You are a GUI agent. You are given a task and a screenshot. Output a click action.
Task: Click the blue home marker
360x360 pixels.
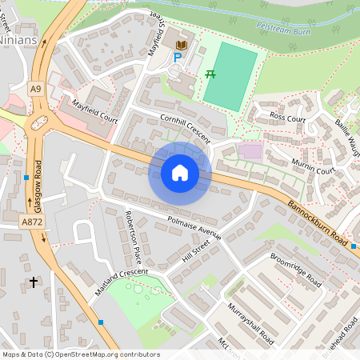pyautogui.click(x=180, y=173)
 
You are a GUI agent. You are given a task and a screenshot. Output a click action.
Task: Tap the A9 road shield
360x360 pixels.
pyautogui.click(x=37, y=89)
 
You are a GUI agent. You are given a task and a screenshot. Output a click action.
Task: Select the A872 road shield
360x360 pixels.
pyautogui.click(x=32, y=222)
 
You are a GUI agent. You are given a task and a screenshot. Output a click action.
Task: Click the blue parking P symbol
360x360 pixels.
pyautogui.click(x=178, y=58)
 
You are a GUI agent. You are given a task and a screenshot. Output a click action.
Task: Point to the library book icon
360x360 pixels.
pyautogui.click(x=182, y=43)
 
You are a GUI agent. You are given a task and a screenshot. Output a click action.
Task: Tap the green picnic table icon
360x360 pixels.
pyautogui.click(x=210, y=74)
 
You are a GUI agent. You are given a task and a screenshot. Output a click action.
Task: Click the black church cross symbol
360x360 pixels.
pyautogui.click(x=34, y=282)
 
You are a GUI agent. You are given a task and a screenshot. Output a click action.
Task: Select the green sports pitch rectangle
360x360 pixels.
pyautogui.click(x=230, y=77)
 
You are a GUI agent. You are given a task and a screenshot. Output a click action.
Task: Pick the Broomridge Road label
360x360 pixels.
pyautogui.click(x=296, y=272)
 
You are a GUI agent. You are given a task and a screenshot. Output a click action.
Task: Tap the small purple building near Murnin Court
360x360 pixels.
pyautogui.click(x=250, y=151)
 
